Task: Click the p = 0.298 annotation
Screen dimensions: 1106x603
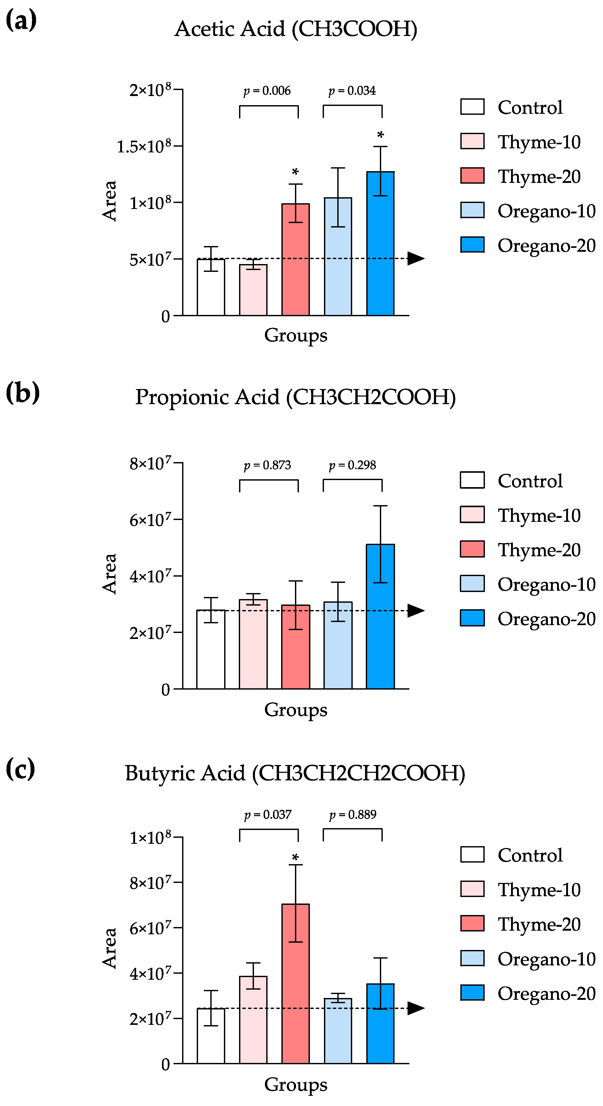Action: click(x=352, y=465)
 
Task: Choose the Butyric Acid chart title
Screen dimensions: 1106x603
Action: click(x=295, y=773)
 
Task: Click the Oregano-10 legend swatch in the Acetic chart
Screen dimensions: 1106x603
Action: click(x=472, y=210)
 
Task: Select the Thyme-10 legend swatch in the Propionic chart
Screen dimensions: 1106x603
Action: click(x=472, y=515)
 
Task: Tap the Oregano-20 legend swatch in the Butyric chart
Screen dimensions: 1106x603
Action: click(x=472, y=993)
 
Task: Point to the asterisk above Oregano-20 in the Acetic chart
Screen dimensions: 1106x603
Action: click(x=380, y=135)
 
